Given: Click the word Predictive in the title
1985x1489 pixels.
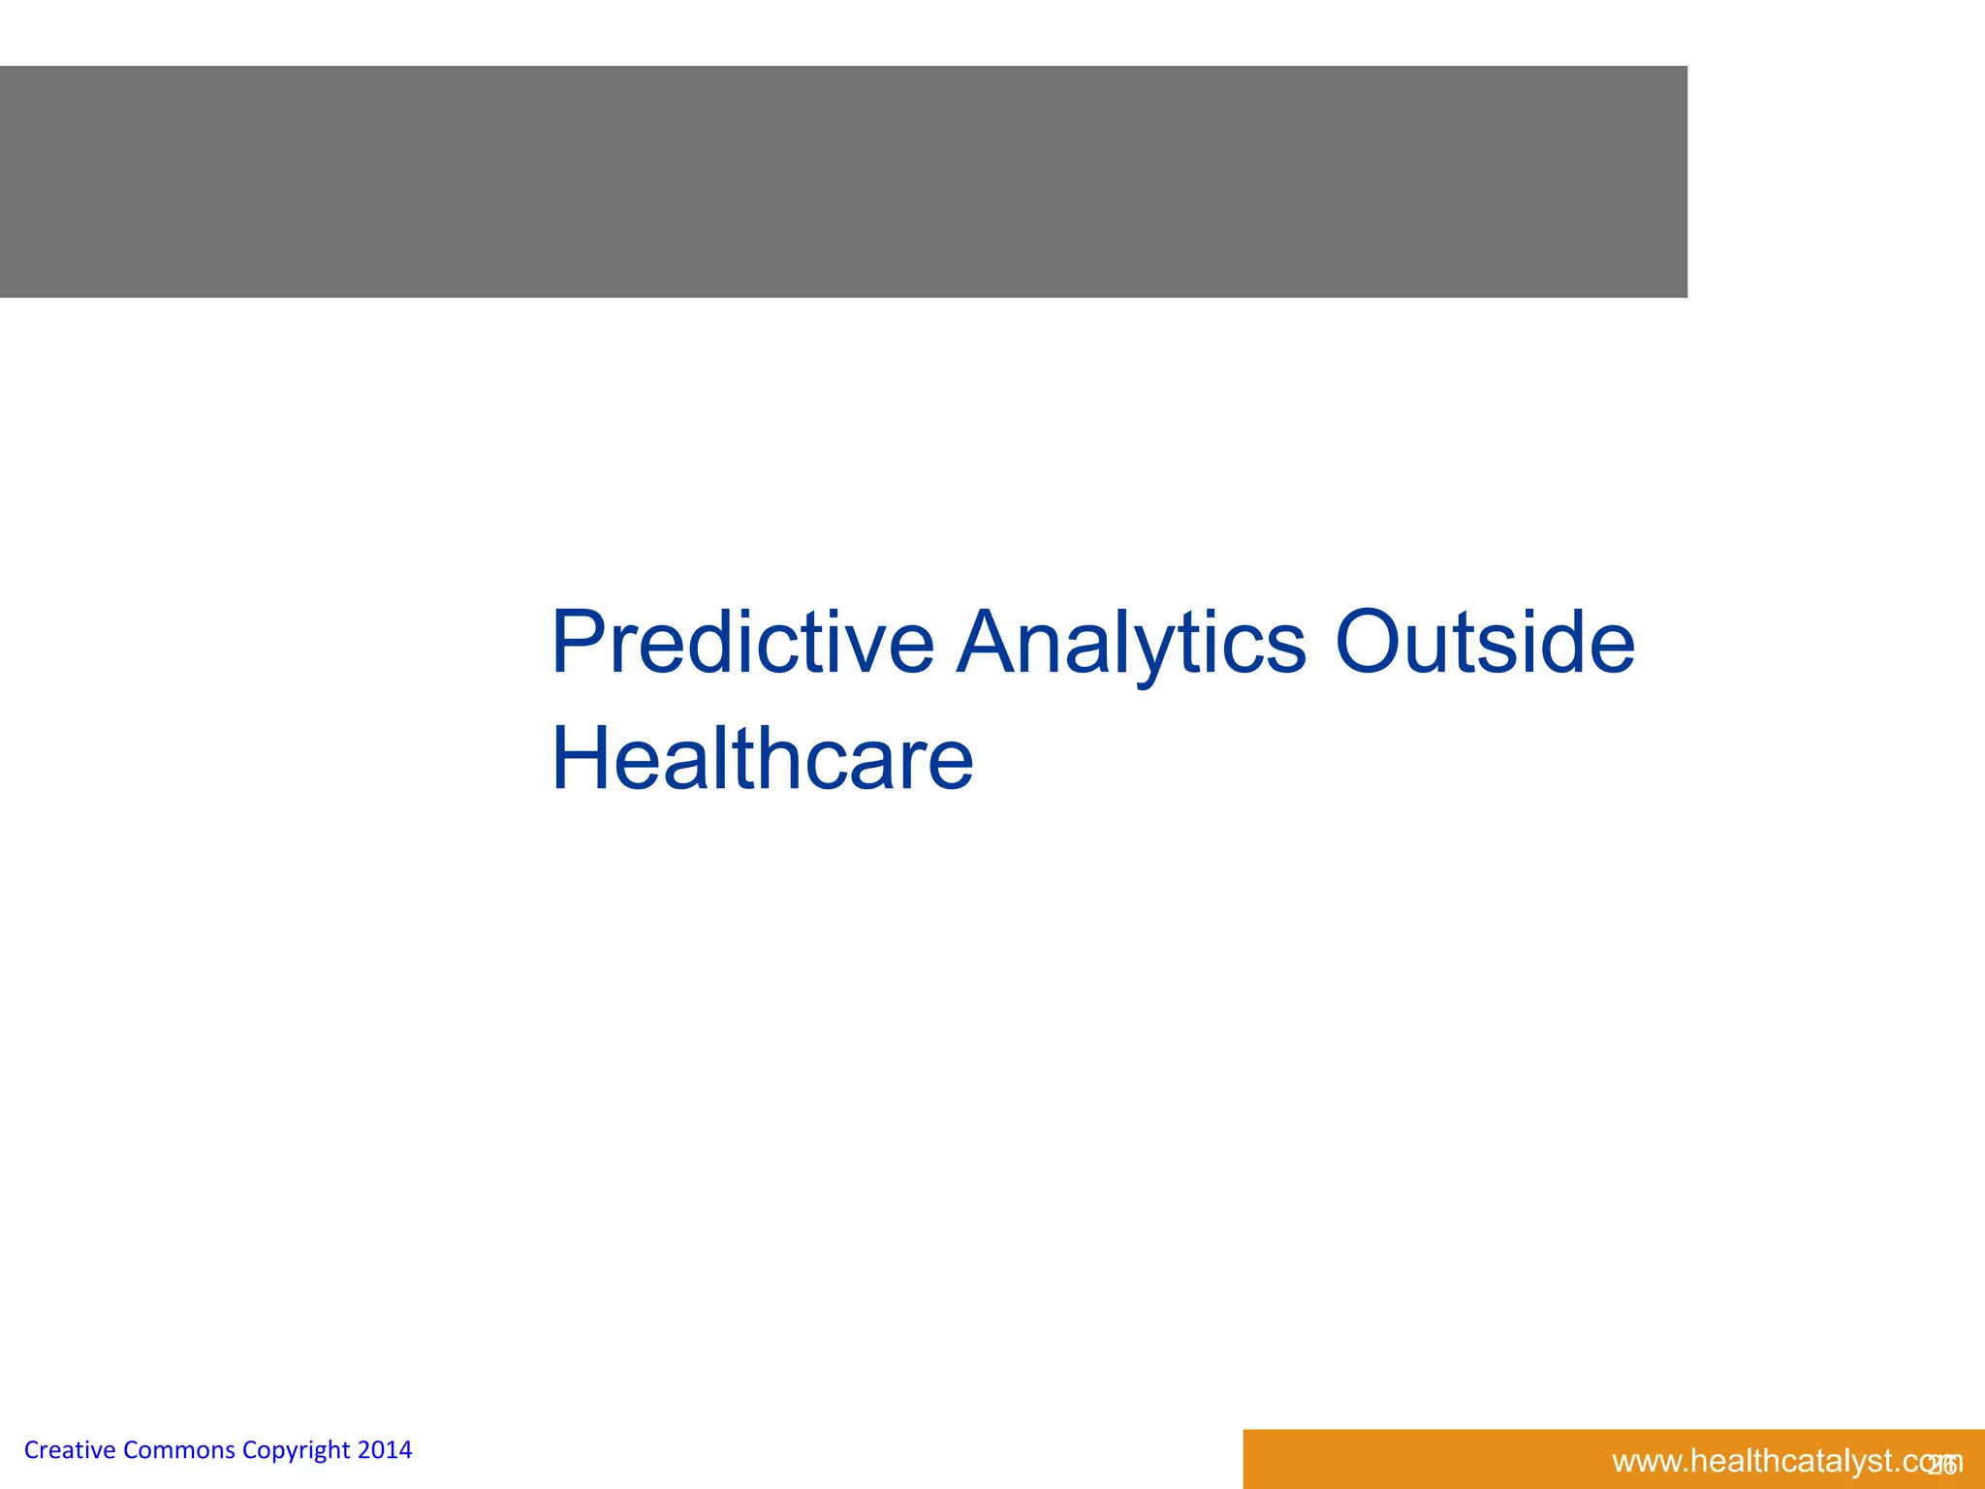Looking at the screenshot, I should coord(742,642).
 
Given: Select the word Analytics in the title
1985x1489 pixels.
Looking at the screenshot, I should coord(1131,642).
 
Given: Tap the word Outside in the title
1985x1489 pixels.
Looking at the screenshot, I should coord(1485,642).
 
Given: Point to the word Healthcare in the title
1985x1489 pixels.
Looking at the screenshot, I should coord(762,758).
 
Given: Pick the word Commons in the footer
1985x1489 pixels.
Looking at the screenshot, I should coord(178,1450).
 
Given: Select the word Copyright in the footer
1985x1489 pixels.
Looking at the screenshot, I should coord(296,1451).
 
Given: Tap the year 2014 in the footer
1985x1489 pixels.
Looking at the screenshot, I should coord(385,1450).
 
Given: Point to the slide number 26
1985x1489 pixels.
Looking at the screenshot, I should coord(1941,1465).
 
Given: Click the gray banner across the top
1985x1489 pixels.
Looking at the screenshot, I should coord(843,181).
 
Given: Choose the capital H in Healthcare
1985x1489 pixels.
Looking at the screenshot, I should coord(582,758).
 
